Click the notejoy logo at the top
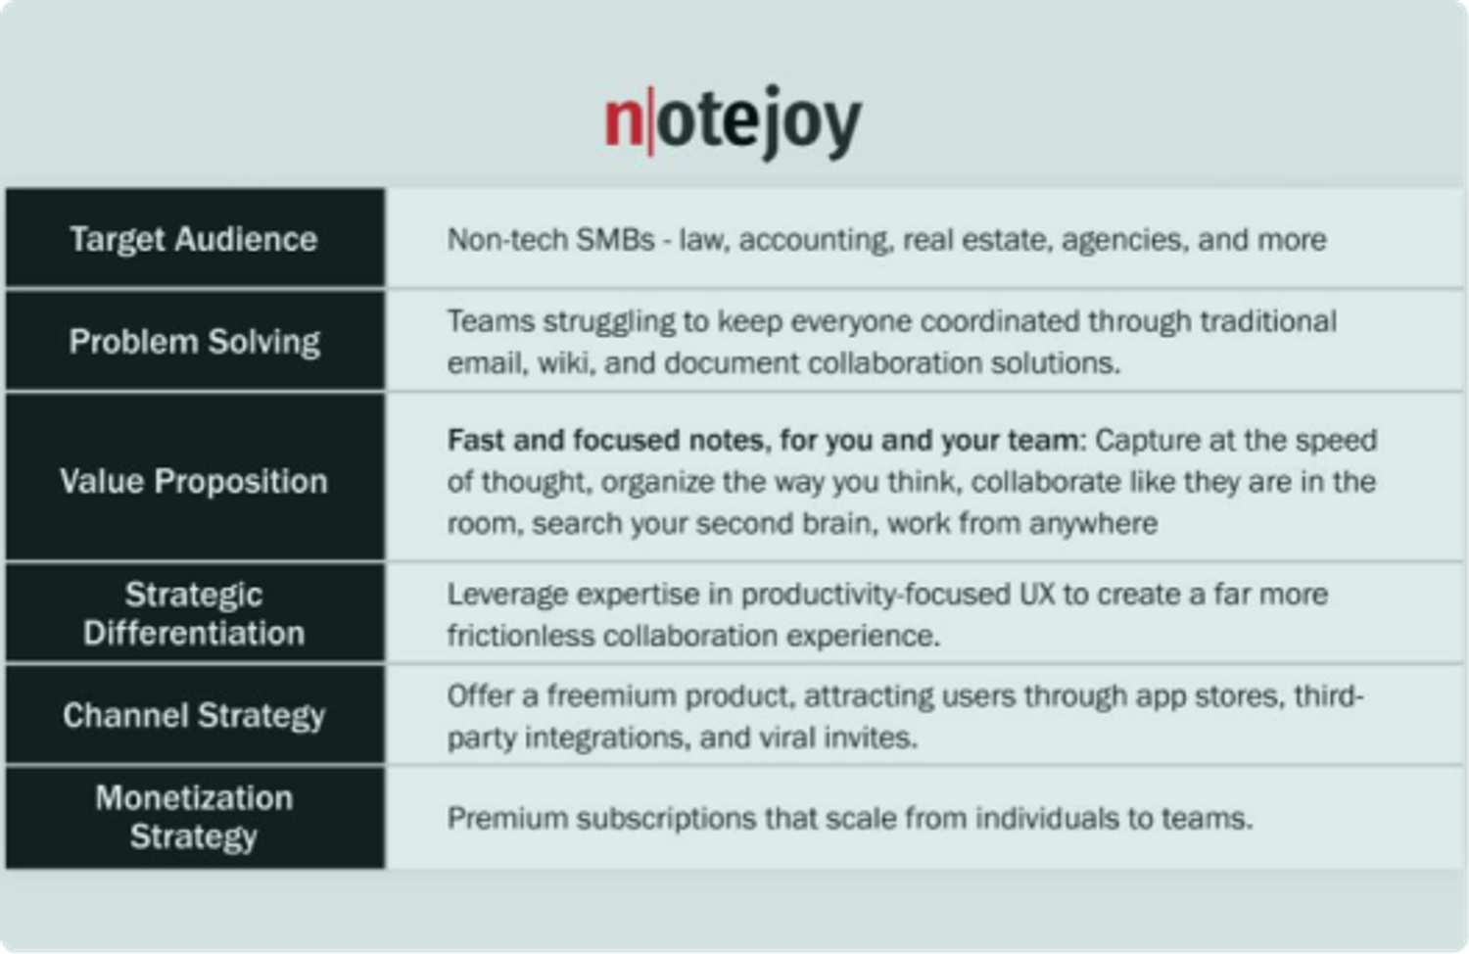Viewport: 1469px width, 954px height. click(733, 121)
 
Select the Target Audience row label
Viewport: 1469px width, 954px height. click(194, 239)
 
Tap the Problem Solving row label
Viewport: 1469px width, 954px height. click(194, 341)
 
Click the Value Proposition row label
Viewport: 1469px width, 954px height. click(194, 481)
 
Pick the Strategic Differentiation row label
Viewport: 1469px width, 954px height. click(194, 613)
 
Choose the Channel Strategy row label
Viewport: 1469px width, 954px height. click(194, 715)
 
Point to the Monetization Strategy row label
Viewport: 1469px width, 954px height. click(194, 817)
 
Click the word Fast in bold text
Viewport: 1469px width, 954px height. click(476, 440)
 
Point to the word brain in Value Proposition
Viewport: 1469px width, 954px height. click(836, 523)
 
